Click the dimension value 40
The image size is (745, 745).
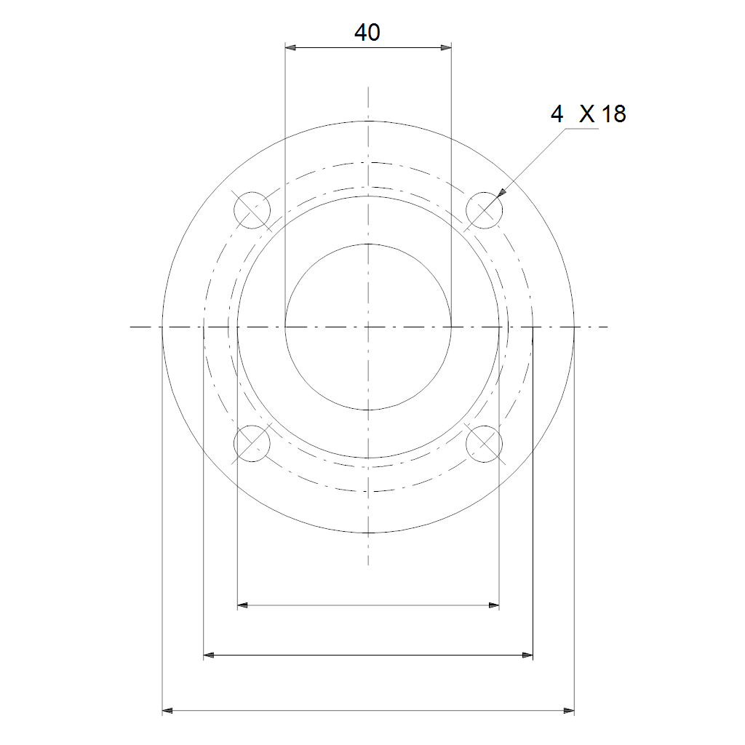(x=367, y=32)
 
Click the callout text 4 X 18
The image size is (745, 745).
(x=588, y=114)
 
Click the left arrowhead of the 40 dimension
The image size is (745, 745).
(x=290, y=47)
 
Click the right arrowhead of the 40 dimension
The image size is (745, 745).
(x=446, y=47)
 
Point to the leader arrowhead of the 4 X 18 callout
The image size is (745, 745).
(x=501, y=193)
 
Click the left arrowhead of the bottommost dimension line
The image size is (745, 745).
(x=168, y=711)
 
